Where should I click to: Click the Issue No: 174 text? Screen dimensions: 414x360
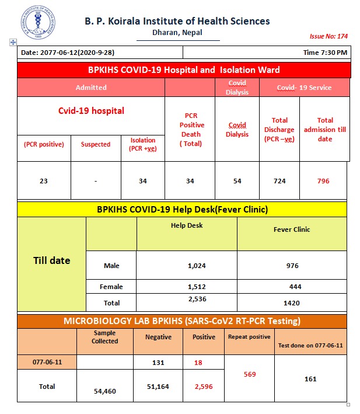click(x=328, y=36)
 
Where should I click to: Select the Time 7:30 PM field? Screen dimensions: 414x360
click(x=325, y=53)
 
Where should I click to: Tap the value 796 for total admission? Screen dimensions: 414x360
click(x=323, y=181)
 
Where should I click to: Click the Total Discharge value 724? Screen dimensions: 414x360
click(x=279, y=181)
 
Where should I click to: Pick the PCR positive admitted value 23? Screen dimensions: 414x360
click(x=44, y=181)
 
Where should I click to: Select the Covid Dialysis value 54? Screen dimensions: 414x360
click(x=237, y=181)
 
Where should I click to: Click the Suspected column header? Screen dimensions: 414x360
click(x=96, y=144)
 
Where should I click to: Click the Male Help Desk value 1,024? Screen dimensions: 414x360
click(x=197, y=266)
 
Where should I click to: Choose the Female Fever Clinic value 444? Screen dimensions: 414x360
click(x=292, y=287)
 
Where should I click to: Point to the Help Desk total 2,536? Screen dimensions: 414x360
click(x=197, y=299)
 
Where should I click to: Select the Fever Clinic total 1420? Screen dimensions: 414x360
click(x=292, y=303)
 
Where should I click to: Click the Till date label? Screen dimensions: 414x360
click(x=51, y=260)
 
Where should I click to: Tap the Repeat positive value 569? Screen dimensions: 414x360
click(x=249, y=374)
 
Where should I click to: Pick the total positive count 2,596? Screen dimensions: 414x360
click(x=204, y=387)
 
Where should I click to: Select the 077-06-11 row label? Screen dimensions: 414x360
click(x=47, y=362)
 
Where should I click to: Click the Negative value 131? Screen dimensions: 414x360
click(x=158, y=362)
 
